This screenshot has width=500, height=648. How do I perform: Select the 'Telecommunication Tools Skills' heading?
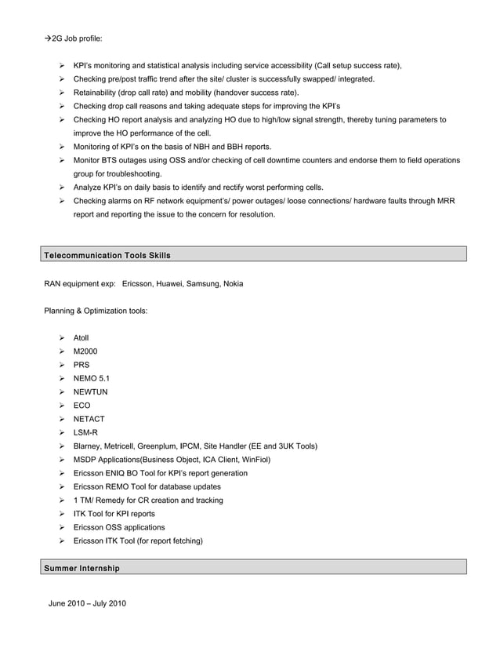[x=107, y=256]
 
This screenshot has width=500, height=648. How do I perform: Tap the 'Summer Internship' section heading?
[x=82, y=568]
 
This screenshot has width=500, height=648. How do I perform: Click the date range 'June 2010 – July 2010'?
[x=87, y=603]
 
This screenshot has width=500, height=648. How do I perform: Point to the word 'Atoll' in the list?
[x=82, y=338]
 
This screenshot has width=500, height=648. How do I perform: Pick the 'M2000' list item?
[x=85, y=351]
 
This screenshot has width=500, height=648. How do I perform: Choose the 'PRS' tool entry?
[x=82, y=365]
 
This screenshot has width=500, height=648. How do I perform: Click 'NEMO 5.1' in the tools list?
[x=92, y=378]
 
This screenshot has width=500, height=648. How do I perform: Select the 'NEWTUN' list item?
[x=90, y=391]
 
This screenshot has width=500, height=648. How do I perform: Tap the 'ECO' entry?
[x=82, y=406]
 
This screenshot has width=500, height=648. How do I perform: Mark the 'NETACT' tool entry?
[x=89, y=419]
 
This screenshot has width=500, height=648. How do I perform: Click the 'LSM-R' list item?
[x=85, y=432]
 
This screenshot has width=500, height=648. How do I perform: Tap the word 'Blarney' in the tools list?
[x=89, y=446]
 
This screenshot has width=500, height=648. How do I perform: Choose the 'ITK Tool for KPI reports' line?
[x=114, y=514]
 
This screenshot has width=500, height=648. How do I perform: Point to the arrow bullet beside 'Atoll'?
[x=62, y=338]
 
